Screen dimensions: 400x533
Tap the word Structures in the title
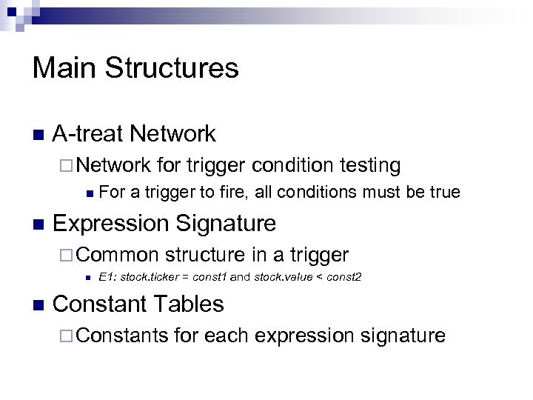pyautogui.click(x=171, y=68)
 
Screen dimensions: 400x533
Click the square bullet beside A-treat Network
pyautogui.click(x=38, y=136)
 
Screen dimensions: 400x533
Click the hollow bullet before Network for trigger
pyautogui.click(x=66, y=166)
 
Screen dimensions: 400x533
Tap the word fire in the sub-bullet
pyautogui.click(x=234, y=193)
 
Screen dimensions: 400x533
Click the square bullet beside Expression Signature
pyautogui.click(x=38, y=224)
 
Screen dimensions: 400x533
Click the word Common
pyautogui.click(x=117, y=255)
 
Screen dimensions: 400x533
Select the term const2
pyautogui.click(x=343, y=278)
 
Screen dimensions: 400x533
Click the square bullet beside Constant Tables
pyautogui.click(x=38, y=305)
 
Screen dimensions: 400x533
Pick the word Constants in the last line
pyautogui.click(x=122, y=336)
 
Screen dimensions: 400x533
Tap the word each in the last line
pyautogui.click(x=227, y=336)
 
